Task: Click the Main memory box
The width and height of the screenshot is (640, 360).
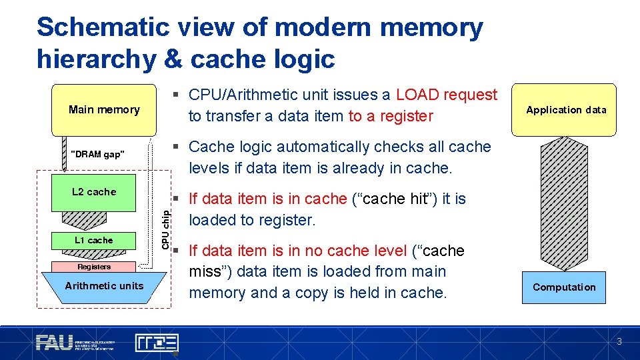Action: [104, 109]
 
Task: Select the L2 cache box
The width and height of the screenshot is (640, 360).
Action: [94, 192]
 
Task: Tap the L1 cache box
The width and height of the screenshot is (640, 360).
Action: [93, 240]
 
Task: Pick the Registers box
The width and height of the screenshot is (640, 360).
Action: [94, 267]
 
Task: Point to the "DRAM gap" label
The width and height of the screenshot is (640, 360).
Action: [97, 154]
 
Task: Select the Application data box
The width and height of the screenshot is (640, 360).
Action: [566, 110]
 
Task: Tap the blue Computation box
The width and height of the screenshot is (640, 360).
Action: [564, 287]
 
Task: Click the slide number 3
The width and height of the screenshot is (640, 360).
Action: [619, 342]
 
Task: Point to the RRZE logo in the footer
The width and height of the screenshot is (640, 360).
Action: [157, 343]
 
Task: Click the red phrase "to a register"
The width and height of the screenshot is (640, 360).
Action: [391, 116]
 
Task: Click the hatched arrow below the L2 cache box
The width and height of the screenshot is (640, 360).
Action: [93, 219]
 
